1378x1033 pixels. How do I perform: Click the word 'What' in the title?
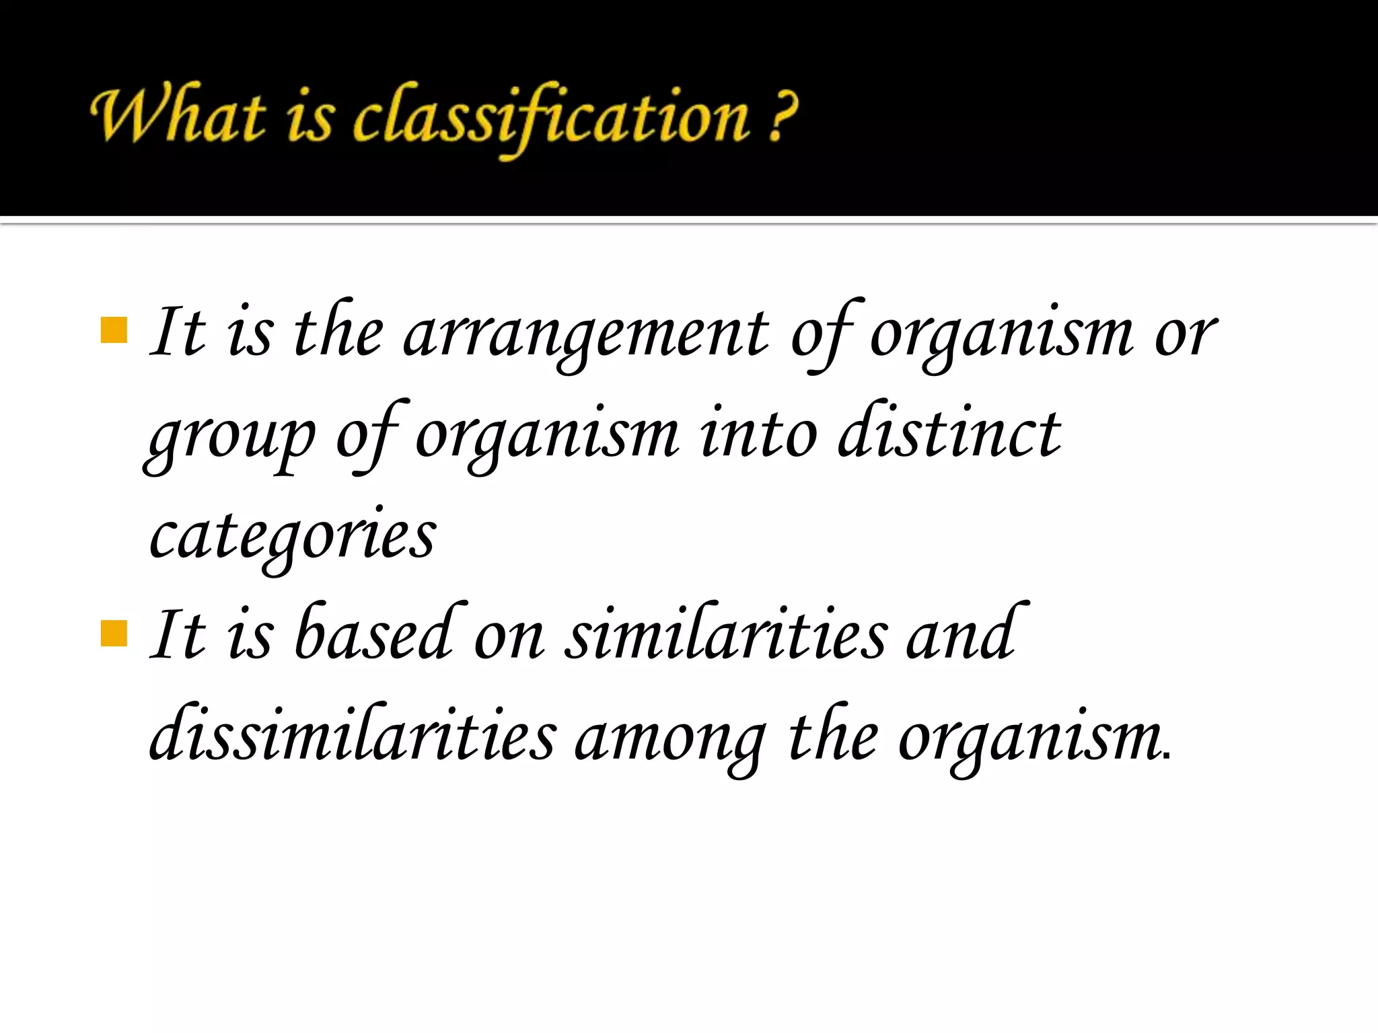click(178, 114)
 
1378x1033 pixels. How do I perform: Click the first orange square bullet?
click(114, 330)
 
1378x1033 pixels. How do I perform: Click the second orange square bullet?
click(114, 633)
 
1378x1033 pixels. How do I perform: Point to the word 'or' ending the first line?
click(1186, 334)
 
